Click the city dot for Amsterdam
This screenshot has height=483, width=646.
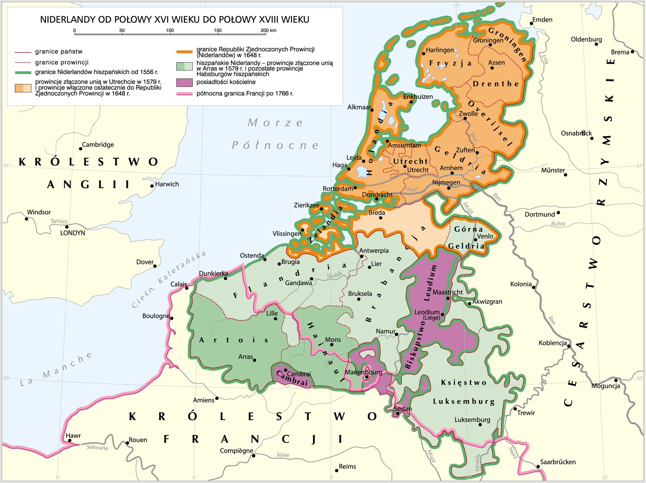(387, 141)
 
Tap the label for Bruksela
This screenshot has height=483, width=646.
(360, 293)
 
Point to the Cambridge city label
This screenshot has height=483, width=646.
(98, 145)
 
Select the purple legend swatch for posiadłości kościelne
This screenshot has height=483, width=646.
(184, 82)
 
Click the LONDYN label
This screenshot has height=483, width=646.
(73, 233)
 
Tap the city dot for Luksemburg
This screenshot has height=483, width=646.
(480, 425)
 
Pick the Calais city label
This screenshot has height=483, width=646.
(178, 284)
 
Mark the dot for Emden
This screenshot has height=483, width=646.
(531, 24)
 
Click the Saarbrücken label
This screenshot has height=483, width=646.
(558, 462)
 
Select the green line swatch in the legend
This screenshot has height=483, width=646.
(23, 72)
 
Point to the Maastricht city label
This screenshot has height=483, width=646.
(447, 292)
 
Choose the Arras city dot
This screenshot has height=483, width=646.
(255, 360)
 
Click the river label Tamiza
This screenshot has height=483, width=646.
(59, 221)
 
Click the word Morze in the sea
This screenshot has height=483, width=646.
(275, 123)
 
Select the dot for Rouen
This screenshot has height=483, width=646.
(128, 443)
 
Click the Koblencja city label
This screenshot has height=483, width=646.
(552, 343)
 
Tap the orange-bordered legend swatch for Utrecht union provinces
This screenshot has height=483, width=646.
(23, 88)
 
